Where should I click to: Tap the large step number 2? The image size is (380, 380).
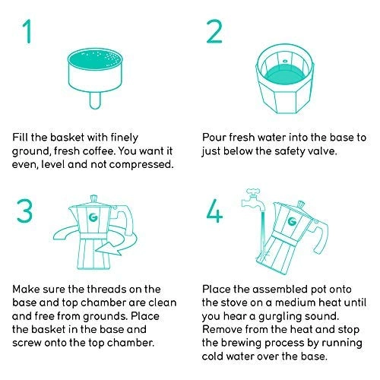coord(214,31)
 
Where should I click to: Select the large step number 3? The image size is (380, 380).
coord(24,211)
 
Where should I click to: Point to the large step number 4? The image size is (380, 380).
coord(214,211)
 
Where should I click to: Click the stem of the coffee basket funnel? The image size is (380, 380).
coord(95,101)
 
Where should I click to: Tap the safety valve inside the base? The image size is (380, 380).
coord(285,61)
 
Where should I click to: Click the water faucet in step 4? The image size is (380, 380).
coord(253,200)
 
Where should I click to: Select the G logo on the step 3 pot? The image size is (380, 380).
coord(93,217)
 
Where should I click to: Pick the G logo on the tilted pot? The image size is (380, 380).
coord(293,221)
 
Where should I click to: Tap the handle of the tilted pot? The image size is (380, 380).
coord(321,237)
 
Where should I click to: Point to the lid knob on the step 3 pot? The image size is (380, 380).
coord(93,198)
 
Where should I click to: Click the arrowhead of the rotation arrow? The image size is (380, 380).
coord(109,249)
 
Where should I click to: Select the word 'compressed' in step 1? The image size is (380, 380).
coord(141,165)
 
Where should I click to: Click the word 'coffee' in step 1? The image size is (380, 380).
coord(98,151)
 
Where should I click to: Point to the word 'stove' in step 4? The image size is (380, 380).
coord(233,302)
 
